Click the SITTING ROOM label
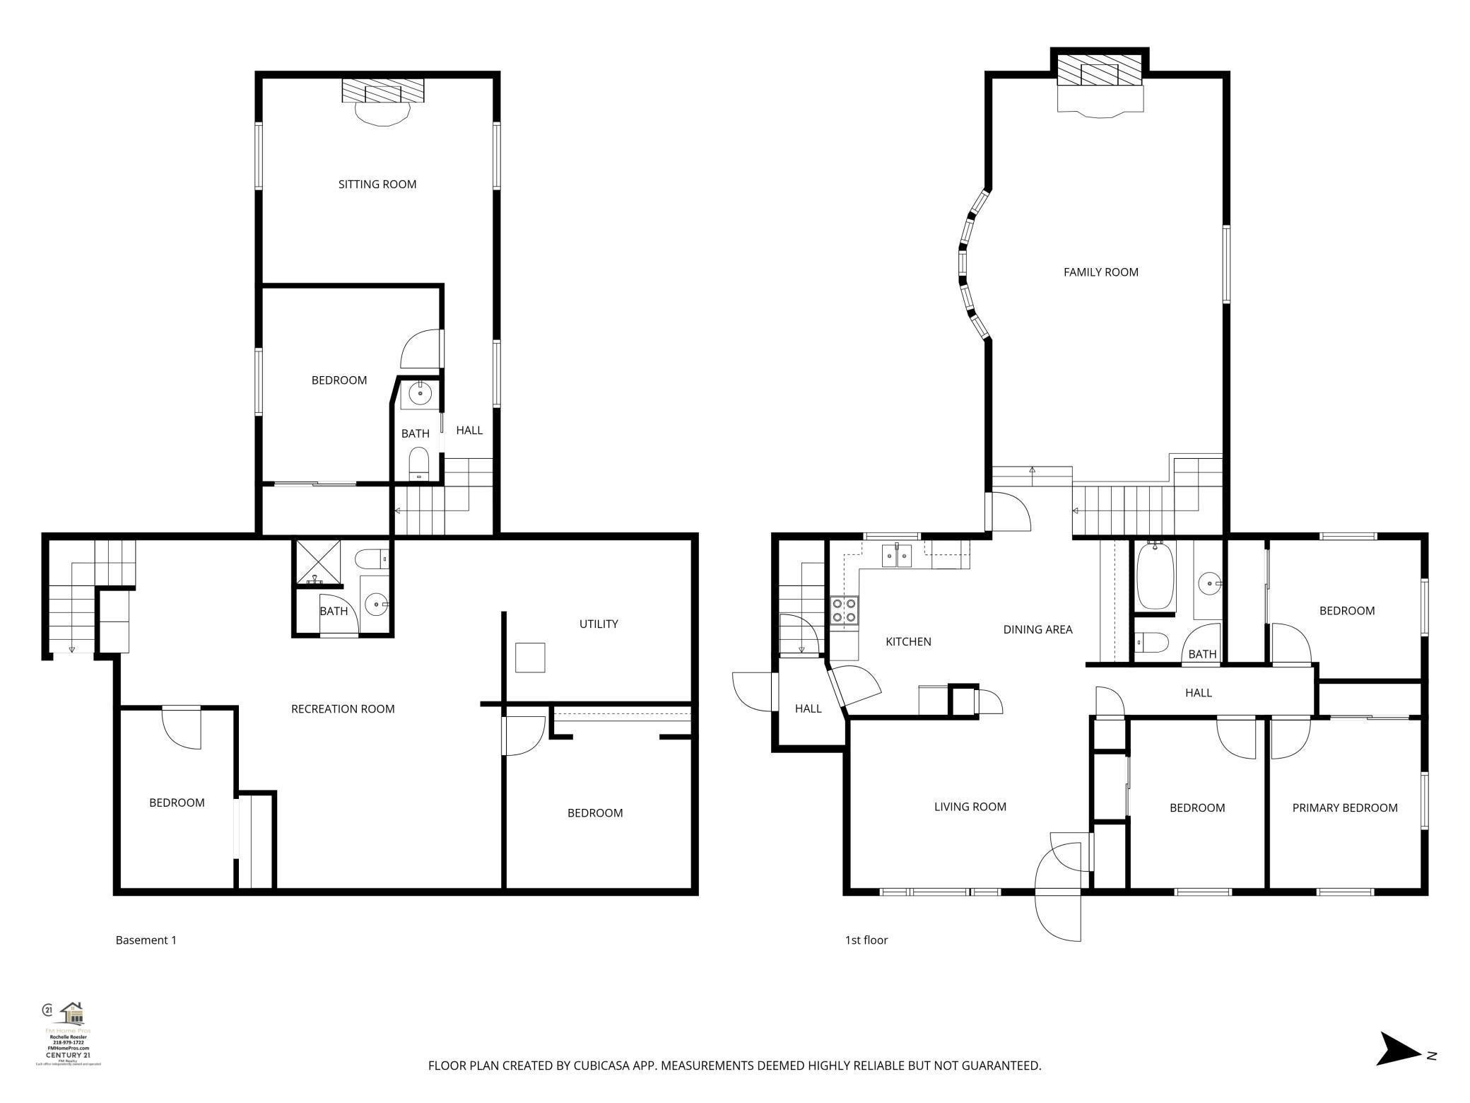click(377, 185)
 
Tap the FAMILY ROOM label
click(1100, 272)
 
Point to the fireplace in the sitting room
click(382, 91)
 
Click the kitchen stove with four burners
click(845, 610)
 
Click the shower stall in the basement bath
click(317, 562)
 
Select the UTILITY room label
click(598, 624)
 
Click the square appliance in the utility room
click(529, 658)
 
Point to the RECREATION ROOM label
click(343, 709)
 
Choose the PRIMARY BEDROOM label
click(1344, 808)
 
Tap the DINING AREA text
click(1037, 629)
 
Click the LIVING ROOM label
click(970, 807)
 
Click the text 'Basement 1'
click(146, 940)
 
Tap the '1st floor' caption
click(866, 940)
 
